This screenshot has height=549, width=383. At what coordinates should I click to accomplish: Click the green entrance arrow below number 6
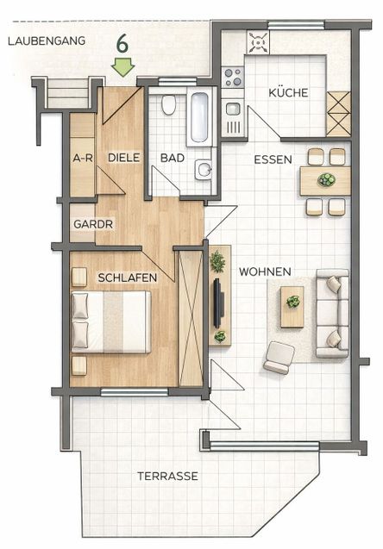click(124, 66)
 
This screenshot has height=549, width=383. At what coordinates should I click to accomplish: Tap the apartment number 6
click(123, 42)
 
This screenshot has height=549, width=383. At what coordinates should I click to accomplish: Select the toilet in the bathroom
click(169, 106)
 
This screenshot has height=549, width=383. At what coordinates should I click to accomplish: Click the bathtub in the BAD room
click(198, 117)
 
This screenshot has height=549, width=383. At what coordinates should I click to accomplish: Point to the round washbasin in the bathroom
click(204, 169)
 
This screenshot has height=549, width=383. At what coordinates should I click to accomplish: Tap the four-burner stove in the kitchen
click(233, 78)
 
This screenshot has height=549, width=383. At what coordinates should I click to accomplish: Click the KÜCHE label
click(288, 93)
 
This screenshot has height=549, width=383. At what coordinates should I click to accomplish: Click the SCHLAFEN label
click(127, 278)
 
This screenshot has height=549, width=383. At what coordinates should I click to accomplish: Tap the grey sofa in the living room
click(331, 313)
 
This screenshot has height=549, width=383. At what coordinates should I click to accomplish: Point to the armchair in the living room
click(279, 357)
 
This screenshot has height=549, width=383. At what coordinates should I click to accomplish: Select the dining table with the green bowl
click(325, 181)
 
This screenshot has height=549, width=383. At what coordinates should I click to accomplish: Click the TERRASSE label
click(167, 476)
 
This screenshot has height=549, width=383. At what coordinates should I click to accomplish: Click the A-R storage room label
click(83, 159)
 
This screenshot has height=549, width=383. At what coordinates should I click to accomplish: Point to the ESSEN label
click(273, 159)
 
